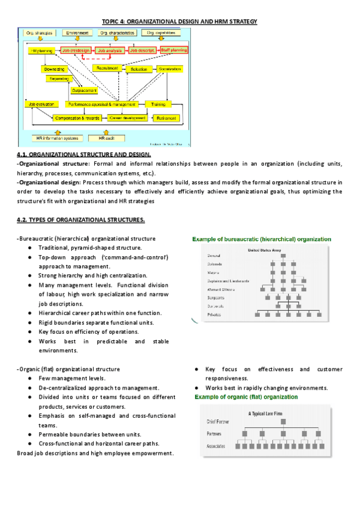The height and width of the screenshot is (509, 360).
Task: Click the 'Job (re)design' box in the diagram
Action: click(x=77, y=51)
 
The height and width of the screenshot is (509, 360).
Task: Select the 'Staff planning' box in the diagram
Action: click(x=173, y=50)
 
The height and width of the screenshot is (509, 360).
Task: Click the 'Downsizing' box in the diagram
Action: click(x=53, y=70)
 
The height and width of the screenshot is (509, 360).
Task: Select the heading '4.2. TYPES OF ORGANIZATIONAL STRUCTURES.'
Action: click(x=81, y=220)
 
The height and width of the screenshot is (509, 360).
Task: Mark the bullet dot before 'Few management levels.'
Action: click(x=29, y=378)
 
